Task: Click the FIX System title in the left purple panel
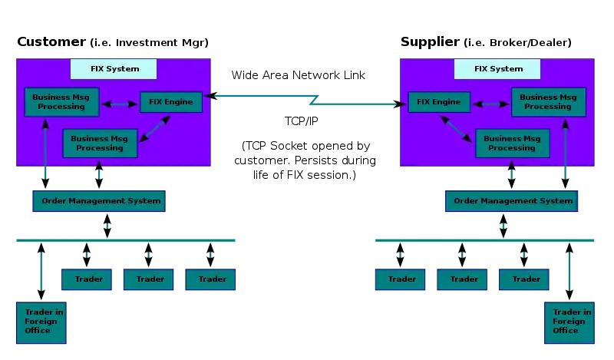coord(114,68)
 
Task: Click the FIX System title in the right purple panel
coord(497,68)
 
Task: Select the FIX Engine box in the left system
coord(171,102)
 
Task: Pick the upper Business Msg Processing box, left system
coord(61,102)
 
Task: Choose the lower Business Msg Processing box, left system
coord(99,144)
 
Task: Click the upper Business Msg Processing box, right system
coord(548,102)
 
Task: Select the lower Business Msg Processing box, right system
coord(512,144)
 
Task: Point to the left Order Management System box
coord(98,201)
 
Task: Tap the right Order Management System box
coord(512,201)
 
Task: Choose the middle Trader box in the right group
coord(463,279)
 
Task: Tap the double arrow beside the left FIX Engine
coord(119,104)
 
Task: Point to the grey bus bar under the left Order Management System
coord(125,239)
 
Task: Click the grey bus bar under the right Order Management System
coord(484,239)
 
